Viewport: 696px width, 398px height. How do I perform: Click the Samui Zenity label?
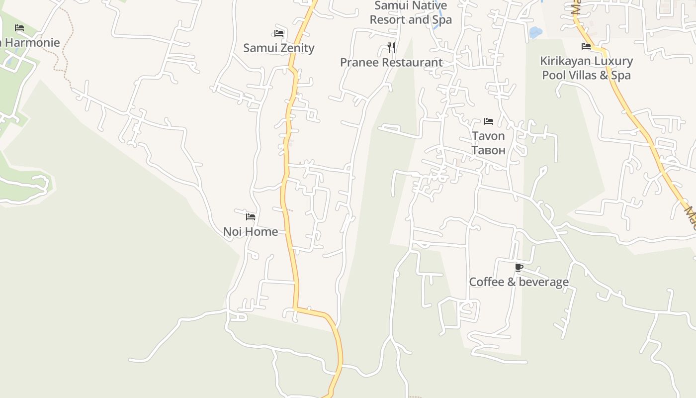tap(278, 48)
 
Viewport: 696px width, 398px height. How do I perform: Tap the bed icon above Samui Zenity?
tap(279, 33)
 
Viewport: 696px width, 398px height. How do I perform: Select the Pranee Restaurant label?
tap(391, 63)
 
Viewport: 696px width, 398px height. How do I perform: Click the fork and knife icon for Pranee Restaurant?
tap(391, 48)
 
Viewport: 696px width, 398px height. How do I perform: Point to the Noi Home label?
tap(250, 231)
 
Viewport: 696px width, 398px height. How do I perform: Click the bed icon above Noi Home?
tap(251, 216)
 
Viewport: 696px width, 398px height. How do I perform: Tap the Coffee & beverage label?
tap(519, 282)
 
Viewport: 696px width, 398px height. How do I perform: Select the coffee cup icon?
tap(519, 268)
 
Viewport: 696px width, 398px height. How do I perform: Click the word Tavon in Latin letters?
tap(488, 136)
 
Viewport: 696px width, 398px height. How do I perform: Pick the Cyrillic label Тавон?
tap(488, 150)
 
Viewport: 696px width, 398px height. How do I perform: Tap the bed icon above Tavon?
tap(489, 121)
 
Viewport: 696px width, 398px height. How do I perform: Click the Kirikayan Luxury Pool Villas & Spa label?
tap(586, 68)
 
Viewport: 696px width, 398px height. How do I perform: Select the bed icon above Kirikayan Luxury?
tap(586, 46)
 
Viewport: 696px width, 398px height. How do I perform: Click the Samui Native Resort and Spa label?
tap(411, 13)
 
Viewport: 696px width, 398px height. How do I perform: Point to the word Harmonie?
tap(32, 43)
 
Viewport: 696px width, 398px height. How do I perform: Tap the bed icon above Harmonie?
tap(19, 27)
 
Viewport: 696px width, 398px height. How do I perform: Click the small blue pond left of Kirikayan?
tap(535, 33)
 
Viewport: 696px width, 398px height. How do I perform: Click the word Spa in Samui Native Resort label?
tap(441, 20)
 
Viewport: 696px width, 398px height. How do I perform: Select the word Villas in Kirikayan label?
tap(580, 75)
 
